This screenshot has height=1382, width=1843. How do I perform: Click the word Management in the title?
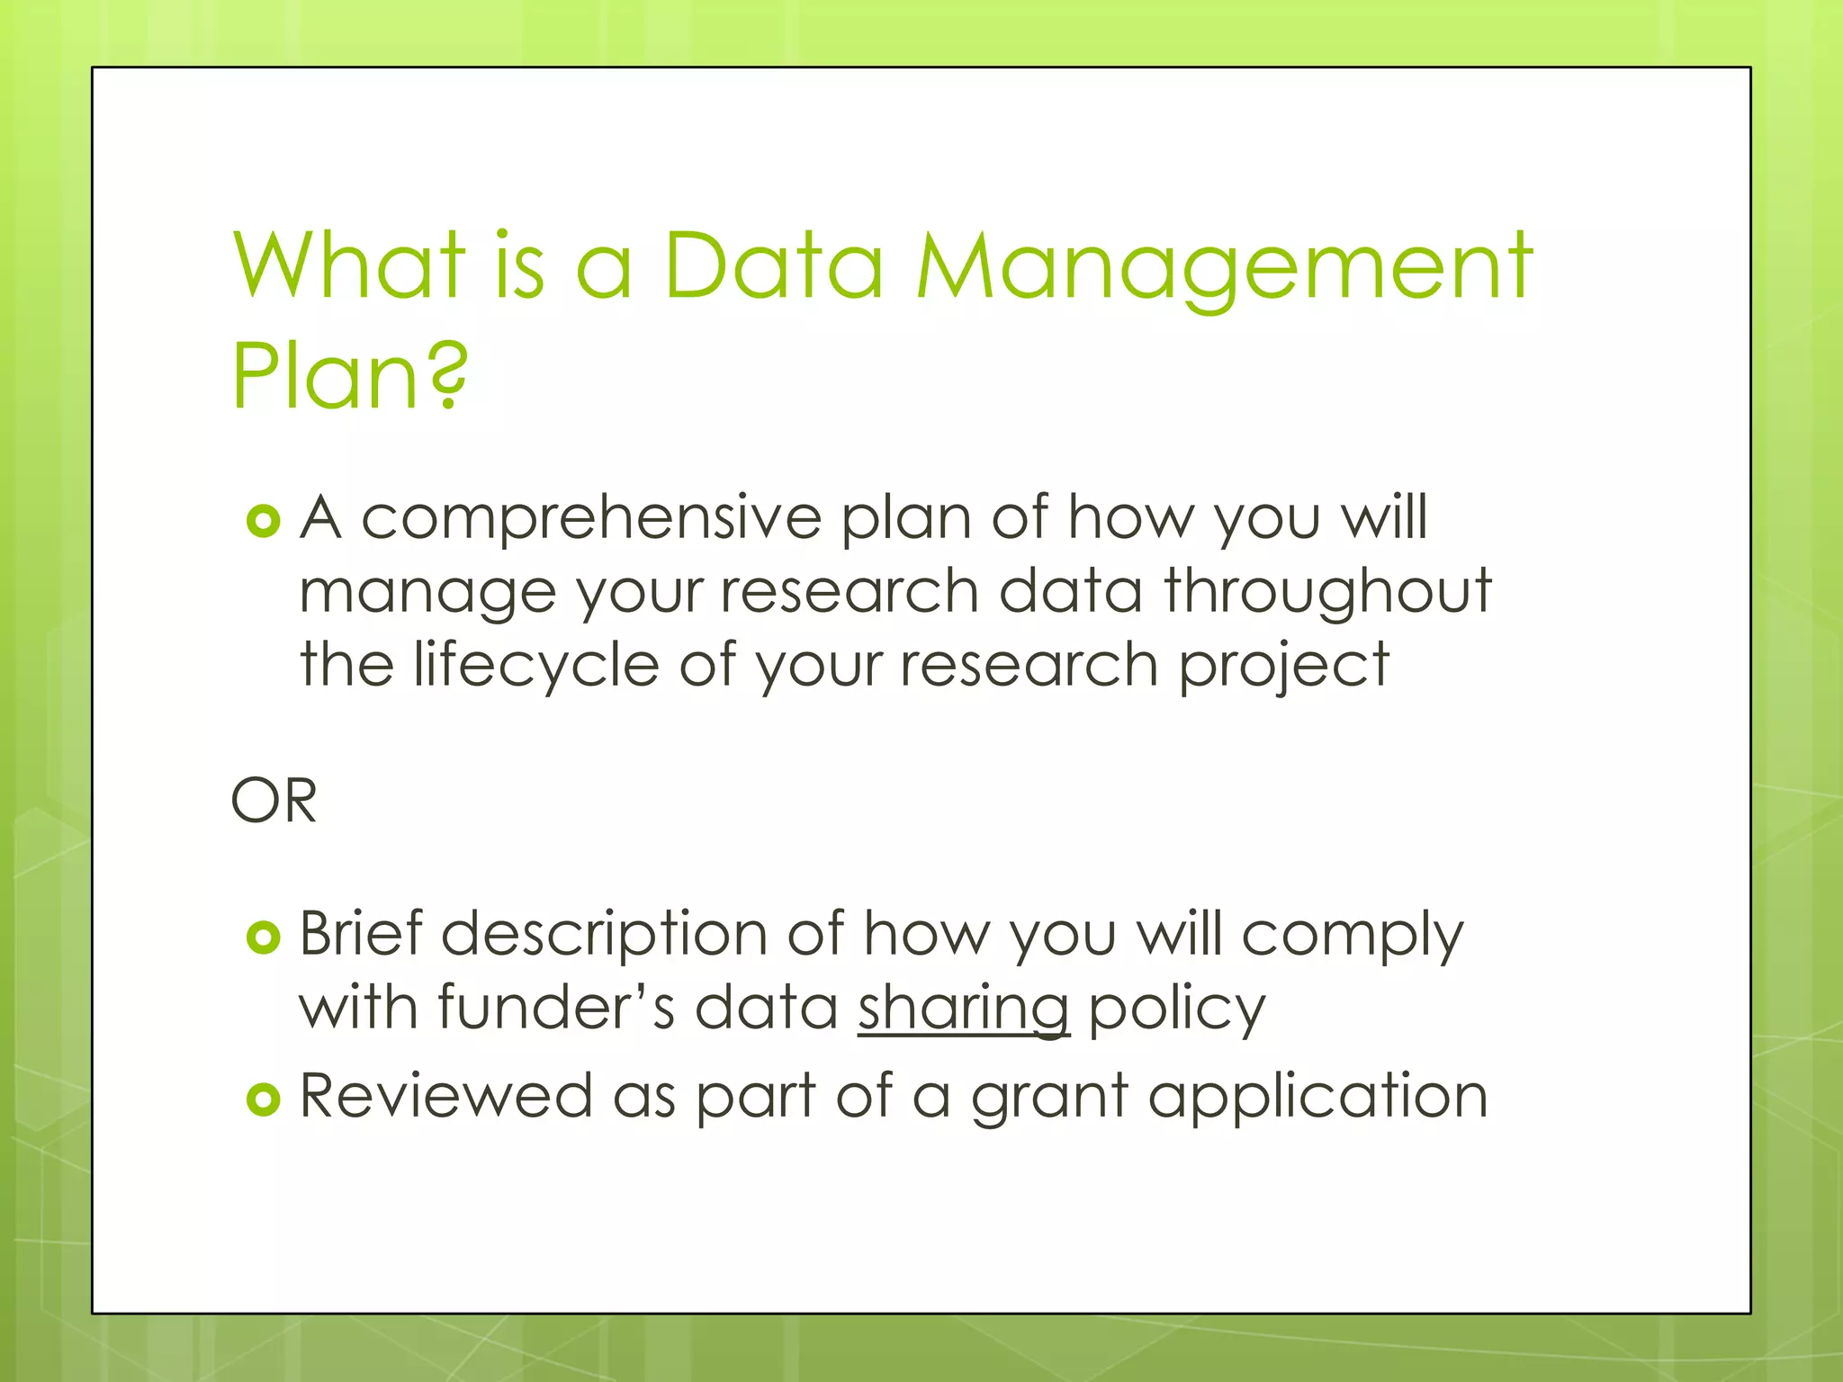pyautogui.click(x=1224, y=267)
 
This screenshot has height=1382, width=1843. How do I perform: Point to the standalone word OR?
pyautogui.click(x=274, y=800)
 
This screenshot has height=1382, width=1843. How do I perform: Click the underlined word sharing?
pyautogui.click(x=964, y=1009)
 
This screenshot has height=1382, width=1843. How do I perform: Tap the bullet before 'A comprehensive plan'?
pyautogui.click(x=264, y=521)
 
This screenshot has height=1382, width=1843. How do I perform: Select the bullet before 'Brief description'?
pyautogui.click(x=264, y=938)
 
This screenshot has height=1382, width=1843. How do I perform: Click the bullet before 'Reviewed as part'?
pyautogui.click(x=264, y=1099)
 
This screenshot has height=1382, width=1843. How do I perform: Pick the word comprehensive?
pyautogui.click(x=591, y=521)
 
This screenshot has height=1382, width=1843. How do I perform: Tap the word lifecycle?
pyautogui.click(x=536, y=666)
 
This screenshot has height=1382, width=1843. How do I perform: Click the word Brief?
pyautogui.click(x=360, y=934)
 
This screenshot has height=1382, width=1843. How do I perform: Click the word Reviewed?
pyautogui.click(x=445, y=1097)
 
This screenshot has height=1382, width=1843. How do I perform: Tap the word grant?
pyautogui.click(x=1049, y=1099)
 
